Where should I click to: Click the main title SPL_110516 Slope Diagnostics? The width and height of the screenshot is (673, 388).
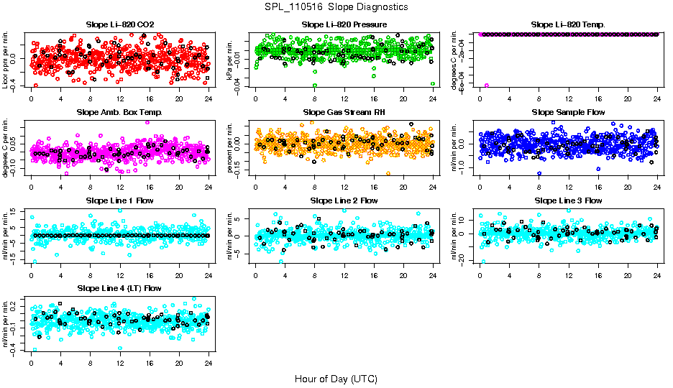pyautogui.click(x=336, y=6)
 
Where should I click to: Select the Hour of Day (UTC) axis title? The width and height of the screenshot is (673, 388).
pyautogui.click(x=336, y=378)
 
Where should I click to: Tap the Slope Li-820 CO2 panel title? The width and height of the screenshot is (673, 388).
pyautogui.click(x=120, y=25)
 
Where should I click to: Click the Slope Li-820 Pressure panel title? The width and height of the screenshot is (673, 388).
pyautogui.click(x=344, y=25)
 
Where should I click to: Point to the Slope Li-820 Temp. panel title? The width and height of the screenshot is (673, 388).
pyautogui.click(x=568, y=25)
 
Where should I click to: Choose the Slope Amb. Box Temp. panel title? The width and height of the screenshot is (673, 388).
pyautogui.click(x=120, y=113)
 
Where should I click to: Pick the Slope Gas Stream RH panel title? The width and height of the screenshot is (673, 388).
pyautogui.click(x=344, y=113)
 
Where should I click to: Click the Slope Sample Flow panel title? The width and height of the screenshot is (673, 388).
pyautogui.click(x=568, y=113)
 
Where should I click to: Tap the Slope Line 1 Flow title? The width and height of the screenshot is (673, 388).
pyautogui.click(x=120, y=200)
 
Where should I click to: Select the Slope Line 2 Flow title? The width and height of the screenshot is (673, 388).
pyautogui.click(x=344, y=200)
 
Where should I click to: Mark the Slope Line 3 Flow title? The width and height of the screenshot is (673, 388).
pyautogui.click(x=568, y=200)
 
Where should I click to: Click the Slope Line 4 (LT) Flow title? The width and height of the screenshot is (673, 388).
pyautogui.click(x=120, y=288)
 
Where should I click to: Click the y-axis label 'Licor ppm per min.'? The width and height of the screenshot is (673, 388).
pyautogui.click(x=6, y=60)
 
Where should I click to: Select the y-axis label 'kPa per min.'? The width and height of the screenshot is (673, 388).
pyautogui.click(x=231, y=60)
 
